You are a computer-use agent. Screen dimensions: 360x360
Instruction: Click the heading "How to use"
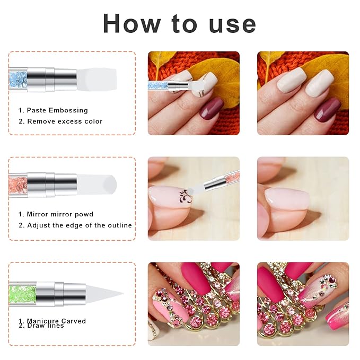coord(179,23)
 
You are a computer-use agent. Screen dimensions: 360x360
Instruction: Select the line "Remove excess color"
coord(65,121)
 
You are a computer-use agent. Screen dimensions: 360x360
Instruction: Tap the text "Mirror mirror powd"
coord(60,214)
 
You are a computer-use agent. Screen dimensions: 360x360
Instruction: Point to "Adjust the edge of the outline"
coord(80,225)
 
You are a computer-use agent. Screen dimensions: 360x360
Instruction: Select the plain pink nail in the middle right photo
coord(286,199)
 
